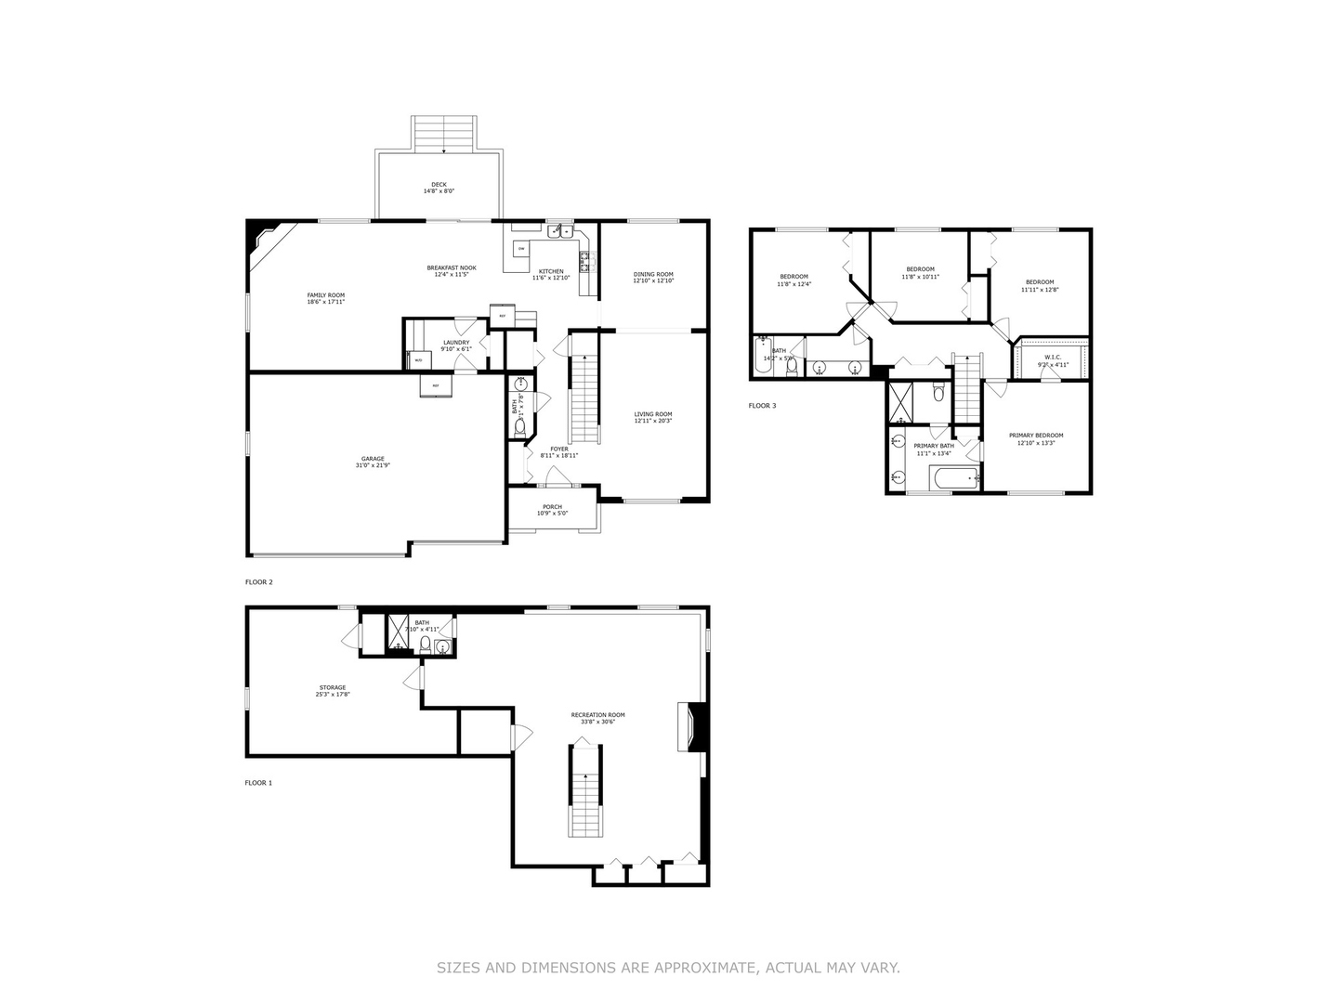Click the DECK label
pos(439,185)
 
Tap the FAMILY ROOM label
pos(326,295)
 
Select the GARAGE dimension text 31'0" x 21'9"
pos(373,465)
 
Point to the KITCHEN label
pos(551,271)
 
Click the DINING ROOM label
pos(653,274)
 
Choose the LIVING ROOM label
pos(653,414)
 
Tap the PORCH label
pos(553,507)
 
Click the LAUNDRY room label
pos(456,342)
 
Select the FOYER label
pos(559,449)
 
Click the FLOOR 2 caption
pos(259,582)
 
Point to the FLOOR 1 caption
pos(258,783)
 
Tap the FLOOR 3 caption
pos(762,406)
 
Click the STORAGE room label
pos(333,687)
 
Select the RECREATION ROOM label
pos(597,715)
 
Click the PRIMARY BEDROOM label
pos(1036,435)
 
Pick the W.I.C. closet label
pos(1053,357)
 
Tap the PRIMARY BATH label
pos(934,446)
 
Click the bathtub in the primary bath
pos(954,479)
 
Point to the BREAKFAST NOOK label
pos(452,267)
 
